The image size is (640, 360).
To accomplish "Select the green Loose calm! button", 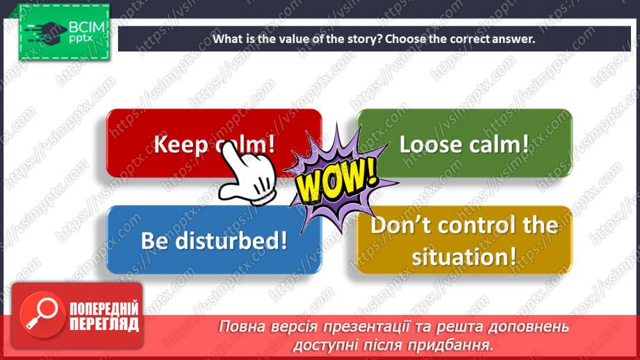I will pos(464,144).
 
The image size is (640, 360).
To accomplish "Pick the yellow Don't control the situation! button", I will pos(464,240).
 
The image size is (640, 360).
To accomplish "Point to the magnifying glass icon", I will pos(40,313).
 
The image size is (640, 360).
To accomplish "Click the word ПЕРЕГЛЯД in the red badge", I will pos(104,325).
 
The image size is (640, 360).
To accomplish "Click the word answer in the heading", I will pos(513,39).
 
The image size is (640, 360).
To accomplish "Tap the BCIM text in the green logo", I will pos(86,28).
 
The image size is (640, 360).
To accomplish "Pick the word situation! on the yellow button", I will pos(464,256).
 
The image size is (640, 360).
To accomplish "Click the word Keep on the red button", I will pos(181,145).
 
